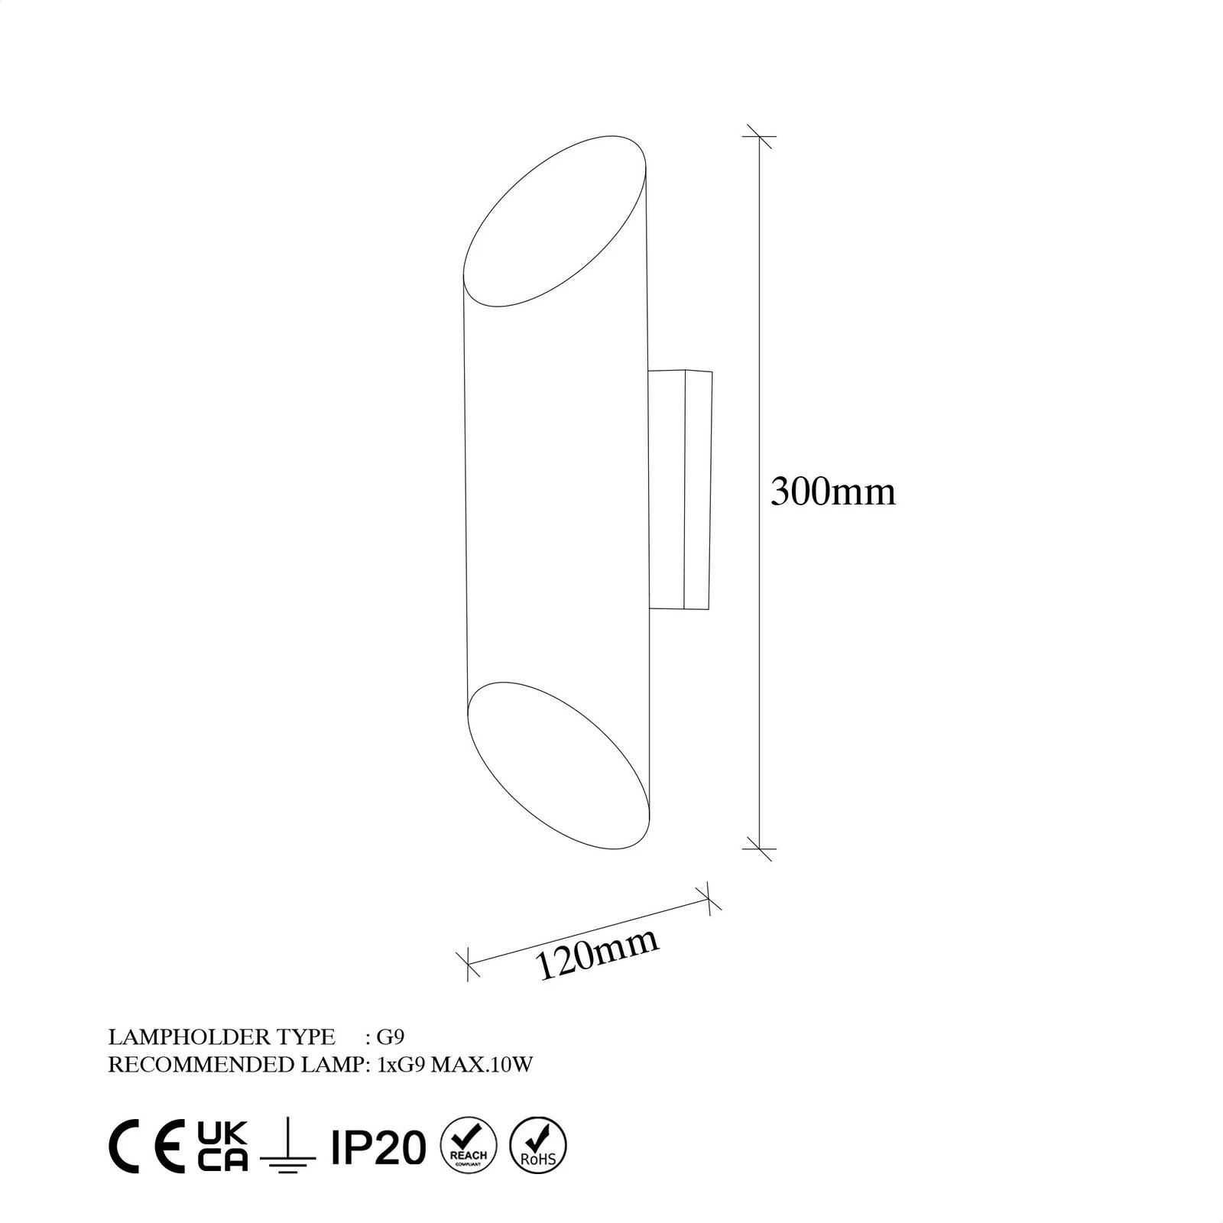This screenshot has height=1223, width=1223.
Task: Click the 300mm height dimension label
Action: click(x=832, y=492)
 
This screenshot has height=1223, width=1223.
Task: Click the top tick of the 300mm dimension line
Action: click(x=759, y=137)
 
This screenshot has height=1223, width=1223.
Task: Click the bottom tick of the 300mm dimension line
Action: click(x=759, y=848)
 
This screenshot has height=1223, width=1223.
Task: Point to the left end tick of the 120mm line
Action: click(x=467, y=964)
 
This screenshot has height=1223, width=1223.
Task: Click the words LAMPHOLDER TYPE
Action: click(x=222, y=1037)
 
